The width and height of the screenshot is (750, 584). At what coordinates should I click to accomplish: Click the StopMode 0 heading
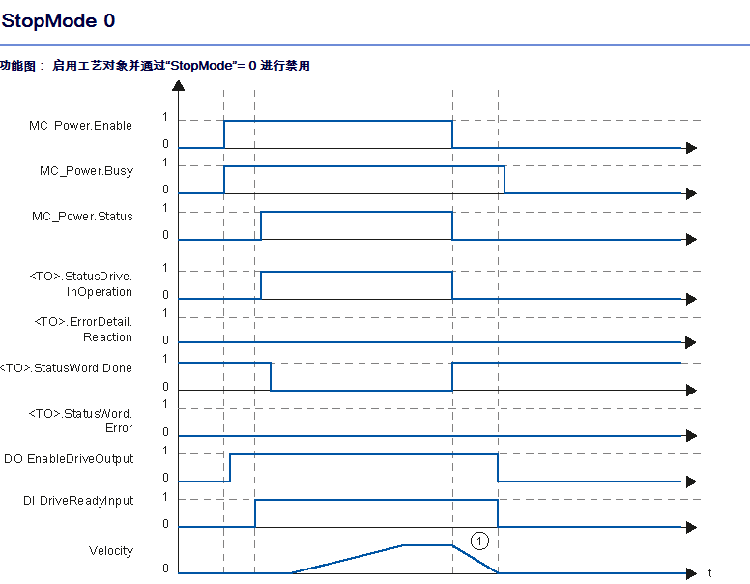click(58, 20)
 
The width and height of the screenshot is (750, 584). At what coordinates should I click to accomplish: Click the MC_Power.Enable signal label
click(80, 126)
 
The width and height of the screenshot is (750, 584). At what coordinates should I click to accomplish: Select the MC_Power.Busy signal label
click(86, 171)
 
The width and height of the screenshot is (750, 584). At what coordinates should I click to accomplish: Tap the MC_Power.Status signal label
click(82, 217)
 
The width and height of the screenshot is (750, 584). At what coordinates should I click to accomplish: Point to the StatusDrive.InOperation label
click(81, 284)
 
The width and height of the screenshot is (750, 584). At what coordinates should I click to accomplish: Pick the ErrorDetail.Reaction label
click(83, 330)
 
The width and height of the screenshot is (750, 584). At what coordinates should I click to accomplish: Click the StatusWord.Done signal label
click(66, 368)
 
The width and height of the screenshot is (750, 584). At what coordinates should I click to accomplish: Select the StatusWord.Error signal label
click(80, 421)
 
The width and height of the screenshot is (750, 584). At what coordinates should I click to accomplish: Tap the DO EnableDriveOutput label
click(69, 459)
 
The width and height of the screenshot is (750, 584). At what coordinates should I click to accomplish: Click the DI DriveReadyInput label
click(78, 501)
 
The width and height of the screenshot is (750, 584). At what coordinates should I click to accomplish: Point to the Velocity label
click(111, 551)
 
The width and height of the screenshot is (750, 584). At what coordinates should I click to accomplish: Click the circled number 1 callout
click(479, 540)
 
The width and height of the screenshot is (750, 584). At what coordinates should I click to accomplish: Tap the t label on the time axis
click(709, 572)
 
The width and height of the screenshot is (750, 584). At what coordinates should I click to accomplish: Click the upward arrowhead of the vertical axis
click(179, 86)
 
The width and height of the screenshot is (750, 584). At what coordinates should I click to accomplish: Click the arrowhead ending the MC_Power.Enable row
click(691, 148)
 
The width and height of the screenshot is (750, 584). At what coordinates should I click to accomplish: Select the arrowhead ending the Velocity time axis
click(691, 573)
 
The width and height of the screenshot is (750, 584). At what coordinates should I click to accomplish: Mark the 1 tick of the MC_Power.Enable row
click(165, 117)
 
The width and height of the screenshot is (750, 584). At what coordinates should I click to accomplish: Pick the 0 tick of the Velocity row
click(165, 569)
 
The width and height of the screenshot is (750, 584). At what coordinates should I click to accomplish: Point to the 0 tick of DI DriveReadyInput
click(165, 524)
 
